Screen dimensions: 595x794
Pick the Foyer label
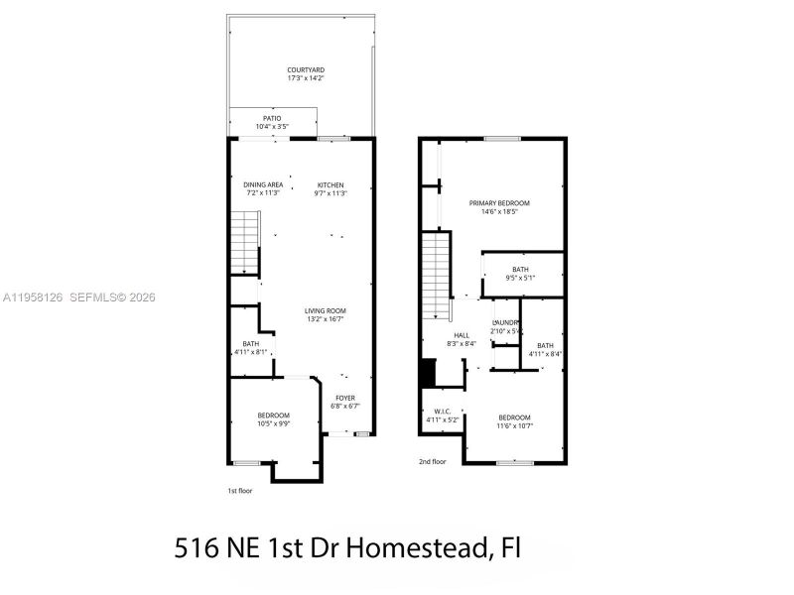[344, 402]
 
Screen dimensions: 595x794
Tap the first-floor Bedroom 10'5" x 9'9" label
[273, 418]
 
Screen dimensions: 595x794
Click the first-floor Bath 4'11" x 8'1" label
[251, 348]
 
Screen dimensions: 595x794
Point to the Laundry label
[506, 326]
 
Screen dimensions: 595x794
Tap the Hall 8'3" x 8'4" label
[462, 339]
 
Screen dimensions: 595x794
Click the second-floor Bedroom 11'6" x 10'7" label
[514, 421]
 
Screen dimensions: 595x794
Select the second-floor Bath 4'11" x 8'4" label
[545, 349]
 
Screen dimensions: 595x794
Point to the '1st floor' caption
[240, 491]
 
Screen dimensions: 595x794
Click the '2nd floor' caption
[432, 461]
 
